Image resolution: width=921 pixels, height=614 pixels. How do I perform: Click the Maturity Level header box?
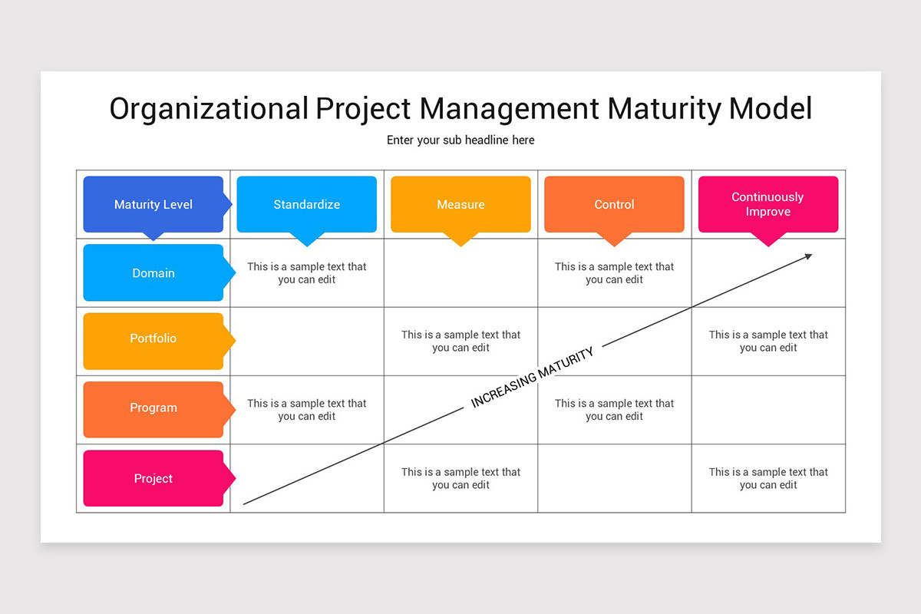tap(153, 204)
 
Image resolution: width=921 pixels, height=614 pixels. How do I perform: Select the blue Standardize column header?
tap(307, 204)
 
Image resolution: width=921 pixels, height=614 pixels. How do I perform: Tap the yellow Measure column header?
tap(460, 204)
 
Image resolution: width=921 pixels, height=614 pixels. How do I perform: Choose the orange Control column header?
tap(614, 204)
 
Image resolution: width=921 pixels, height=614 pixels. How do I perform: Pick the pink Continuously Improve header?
tap(767, 204)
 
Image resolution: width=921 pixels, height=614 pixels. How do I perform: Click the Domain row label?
tap(153, 272)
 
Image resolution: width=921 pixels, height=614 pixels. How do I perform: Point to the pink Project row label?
tap(153, 478)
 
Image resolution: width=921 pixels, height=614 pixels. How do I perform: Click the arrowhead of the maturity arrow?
tap(808, 256)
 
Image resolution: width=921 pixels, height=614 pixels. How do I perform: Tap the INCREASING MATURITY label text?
tap(532, 378)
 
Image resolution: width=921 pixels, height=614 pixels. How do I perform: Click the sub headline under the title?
tap(460, 140)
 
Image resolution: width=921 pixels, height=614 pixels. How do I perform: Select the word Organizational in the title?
tap(208, 109)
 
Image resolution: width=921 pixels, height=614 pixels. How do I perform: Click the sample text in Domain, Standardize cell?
tap(307, 273)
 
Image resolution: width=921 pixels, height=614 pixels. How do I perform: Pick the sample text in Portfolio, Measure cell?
tap(460, 341)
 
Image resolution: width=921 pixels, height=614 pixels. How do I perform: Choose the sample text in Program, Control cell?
tap(614, 410)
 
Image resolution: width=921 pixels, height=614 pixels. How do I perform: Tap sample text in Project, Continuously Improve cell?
tap(768, 478)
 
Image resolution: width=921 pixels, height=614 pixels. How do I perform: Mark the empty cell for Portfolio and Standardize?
tap(307, 342)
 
